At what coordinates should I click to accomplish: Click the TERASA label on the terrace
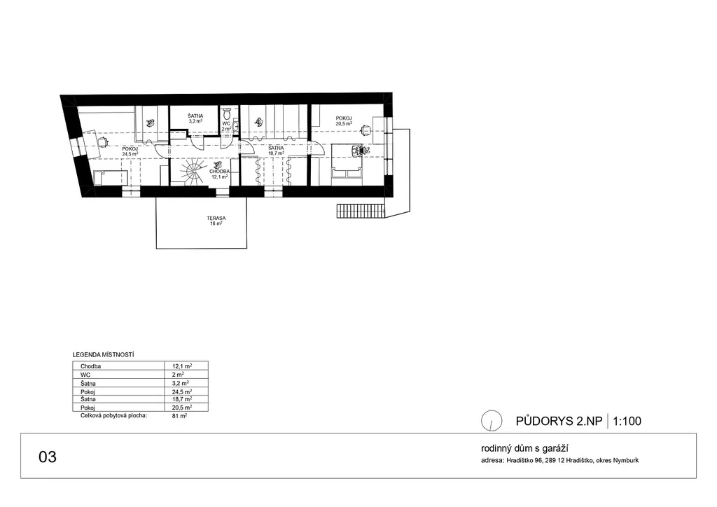tap(216, 218)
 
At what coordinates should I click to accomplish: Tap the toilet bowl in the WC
tap(226, 113)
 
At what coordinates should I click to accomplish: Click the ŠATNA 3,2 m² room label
tap(195, 118)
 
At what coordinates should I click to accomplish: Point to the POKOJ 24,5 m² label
tap(130, 151)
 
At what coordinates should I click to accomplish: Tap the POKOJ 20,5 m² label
tap(344, 120)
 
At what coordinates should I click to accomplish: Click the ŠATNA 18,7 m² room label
tap(276, 151)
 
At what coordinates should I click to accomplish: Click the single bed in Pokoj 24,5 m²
tap(110, 178)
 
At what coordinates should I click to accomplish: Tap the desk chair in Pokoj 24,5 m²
tap(102, 141)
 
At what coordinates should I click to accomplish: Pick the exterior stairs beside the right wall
tap(360, 211)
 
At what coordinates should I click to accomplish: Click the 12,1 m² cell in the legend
tap(182, 366)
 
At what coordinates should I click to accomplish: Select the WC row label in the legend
tap(85, 375)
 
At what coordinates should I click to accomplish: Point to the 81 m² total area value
tap(179, 416)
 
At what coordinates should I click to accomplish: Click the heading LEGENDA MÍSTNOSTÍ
tap(104, 355)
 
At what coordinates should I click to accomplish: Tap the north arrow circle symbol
tap(492, 421)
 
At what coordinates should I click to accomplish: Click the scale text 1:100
tap(627, 421)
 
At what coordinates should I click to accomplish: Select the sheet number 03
tap(48, 457)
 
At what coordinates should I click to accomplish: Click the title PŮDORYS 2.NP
tap(559, 421)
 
